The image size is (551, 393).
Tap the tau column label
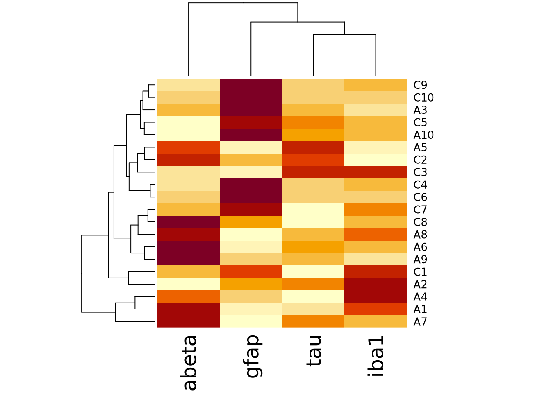314,350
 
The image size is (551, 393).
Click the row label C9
420,85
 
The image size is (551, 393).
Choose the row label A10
423,135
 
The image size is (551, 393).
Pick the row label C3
420,172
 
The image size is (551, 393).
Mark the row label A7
420,322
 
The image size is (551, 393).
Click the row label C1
420,272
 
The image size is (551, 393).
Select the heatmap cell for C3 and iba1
376,172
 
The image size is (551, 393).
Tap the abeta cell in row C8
189,222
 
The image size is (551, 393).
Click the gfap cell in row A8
251,234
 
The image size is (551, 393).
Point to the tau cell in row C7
313,210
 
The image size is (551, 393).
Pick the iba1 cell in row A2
376,284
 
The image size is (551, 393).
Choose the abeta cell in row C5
189,122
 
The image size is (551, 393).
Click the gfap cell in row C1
251,272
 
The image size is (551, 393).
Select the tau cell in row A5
313,147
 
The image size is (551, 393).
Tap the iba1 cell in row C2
376,160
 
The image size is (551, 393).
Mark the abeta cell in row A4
189,296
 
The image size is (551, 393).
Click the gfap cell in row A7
251,322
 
